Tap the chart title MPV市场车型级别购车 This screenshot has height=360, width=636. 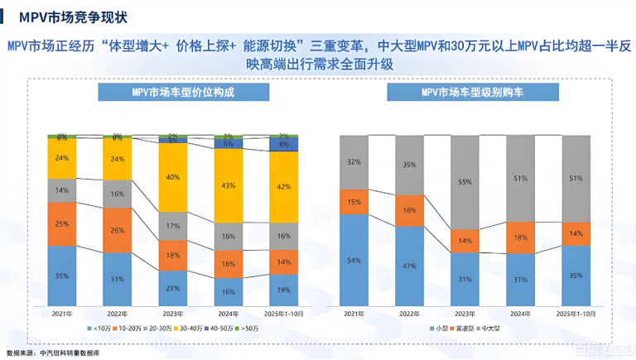(475, 91)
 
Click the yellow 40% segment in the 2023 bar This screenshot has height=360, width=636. (171, 177)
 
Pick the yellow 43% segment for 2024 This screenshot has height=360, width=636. (227, 185)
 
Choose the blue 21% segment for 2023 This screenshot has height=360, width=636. (171, 287)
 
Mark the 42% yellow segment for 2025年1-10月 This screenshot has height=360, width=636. (283, 187)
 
